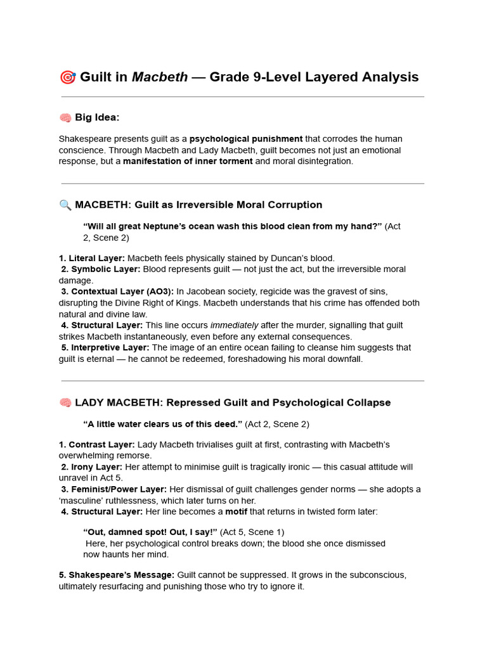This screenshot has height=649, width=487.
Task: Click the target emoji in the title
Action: tap(67, 77)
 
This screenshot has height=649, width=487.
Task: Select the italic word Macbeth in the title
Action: tap(159, 77)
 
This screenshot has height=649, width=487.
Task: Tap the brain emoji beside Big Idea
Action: tap(65, 118)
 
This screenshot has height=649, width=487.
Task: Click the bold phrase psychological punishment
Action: tap(246, 139)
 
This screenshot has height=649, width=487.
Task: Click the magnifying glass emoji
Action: tap(65, 205)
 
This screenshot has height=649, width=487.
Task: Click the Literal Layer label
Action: tap(92, 258)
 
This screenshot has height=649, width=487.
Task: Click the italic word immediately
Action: tap(235, 325)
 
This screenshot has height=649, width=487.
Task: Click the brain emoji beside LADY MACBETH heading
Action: tap(65, 403)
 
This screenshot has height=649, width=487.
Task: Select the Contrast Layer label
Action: tap(96, 445)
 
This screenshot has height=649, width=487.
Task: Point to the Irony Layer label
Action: tap(92, 467)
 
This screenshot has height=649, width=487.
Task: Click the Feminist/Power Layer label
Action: tap(114, 489)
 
